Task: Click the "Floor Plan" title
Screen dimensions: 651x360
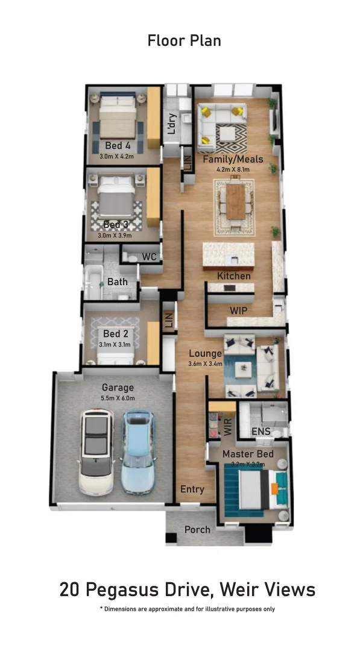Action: (184, 41)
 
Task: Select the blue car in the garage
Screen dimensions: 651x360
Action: (138, 452)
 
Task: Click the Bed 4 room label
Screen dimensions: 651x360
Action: (118, 146)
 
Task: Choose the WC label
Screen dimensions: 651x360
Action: (149, 257)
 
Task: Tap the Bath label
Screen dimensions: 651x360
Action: (118, 281)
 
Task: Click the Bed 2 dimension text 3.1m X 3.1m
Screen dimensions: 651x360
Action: (115, 345)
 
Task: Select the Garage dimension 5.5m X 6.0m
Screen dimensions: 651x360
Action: (118, 398)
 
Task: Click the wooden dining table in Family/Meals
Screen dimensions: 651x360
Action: (236, 201)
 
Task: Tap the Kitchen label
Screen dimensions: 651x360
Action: (234, 276)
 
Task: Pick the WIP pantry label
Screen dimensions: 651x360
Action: (238, 311)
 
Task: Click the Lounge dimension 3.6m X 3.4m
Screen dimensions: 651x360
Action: (206, 363)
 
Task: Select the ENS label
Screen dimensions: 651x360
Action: (261, 432)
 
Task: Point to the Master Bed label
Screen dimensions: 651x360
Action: (248, 454)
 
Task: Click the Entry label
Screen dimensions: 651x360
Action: (192, 489)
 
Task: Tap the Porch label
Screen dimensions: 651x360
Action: (197, 530)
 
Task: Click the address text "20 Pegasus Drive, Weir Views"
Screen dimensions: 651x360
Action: (187, 590)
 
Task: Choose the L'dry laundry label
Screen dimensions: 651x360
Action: (172, 124)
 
